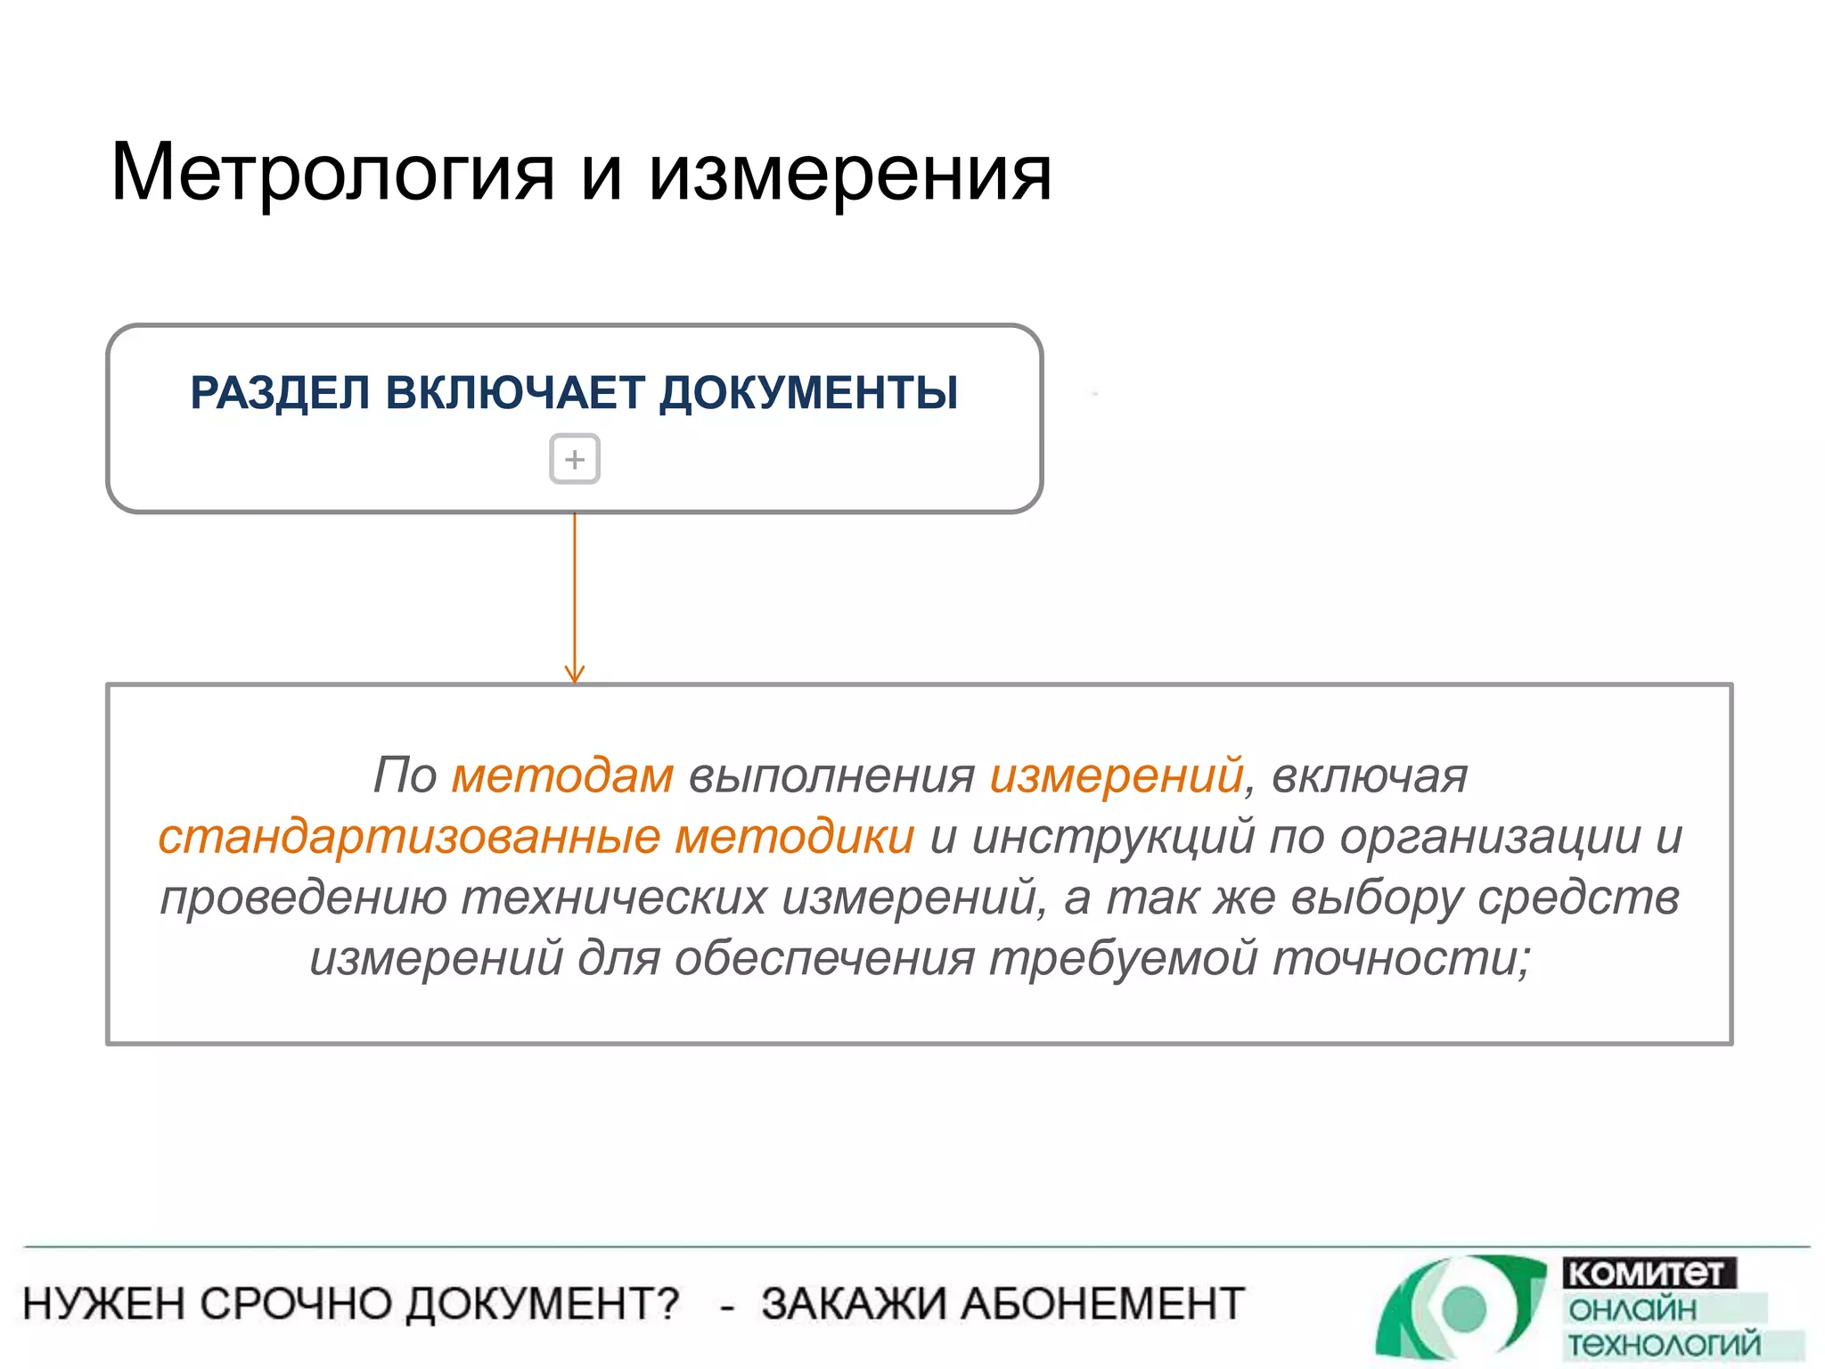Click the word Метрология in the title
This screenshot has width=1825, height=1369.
click(x=332, y=173)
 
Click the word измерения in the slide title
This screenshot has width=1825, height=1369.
click(x=850, y=173)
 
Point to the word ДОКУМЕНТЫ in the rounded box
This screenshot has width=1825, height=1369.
click(x=808, y=393)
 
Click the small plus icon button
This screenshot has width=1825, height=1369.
click(x=575, y=459)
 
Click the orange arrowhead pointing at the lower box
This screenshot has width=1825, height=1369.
click(x=575, y=674)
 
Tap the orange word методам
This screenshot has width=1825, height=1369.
click(x=562, y=775)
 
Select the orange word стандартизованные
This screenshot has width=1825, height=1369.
click(x=409, y=836)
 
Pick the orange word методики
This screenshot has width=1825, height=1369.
click(x=794, y=836)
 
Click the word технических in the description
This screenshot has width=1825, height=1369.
click(x=614, y=897)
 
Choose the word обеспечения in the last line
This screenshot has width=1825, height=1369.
click(x=824, y=958)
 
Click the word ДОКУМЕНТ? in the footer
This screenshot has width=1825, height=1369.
click(x=543, y=1303)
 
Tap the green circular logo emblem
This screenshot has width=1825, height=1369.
click(x=1461, y=1308)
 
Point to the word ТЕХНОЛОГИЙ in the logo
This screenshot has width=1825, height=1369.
click(x=1664, y=1344)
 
